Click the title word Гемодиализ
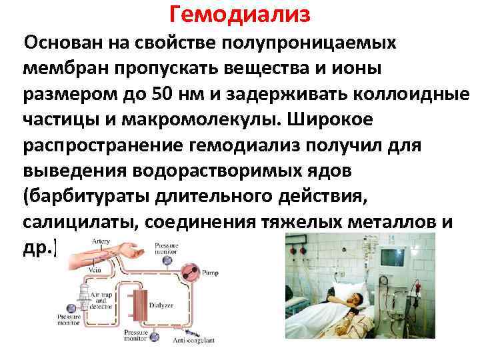[240, 13]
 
